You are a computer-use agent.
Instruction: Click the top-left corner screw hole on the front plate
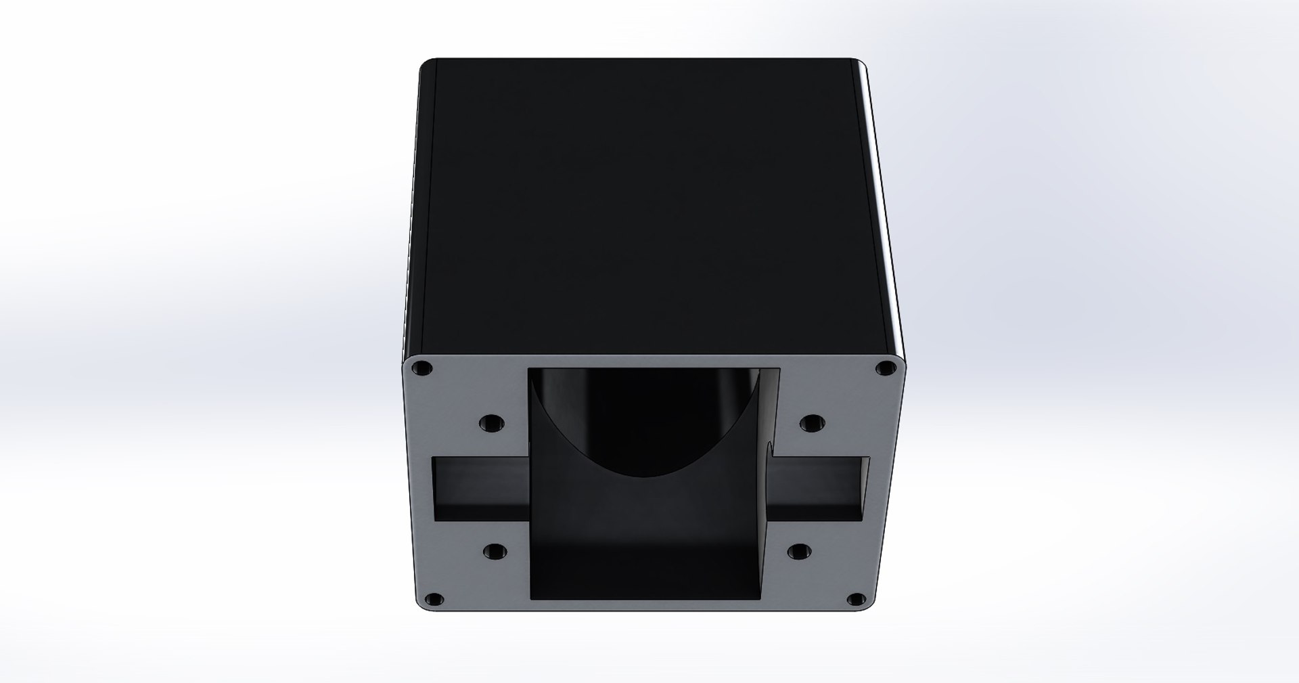click(423, 370)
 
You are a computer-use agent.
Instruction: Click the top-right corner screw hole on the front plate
click(884, 369)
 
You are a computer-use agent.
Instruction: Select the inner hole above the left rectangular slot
click(492, 424)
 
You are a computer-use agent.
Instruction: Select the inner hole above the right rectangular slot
click(811, 424)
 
